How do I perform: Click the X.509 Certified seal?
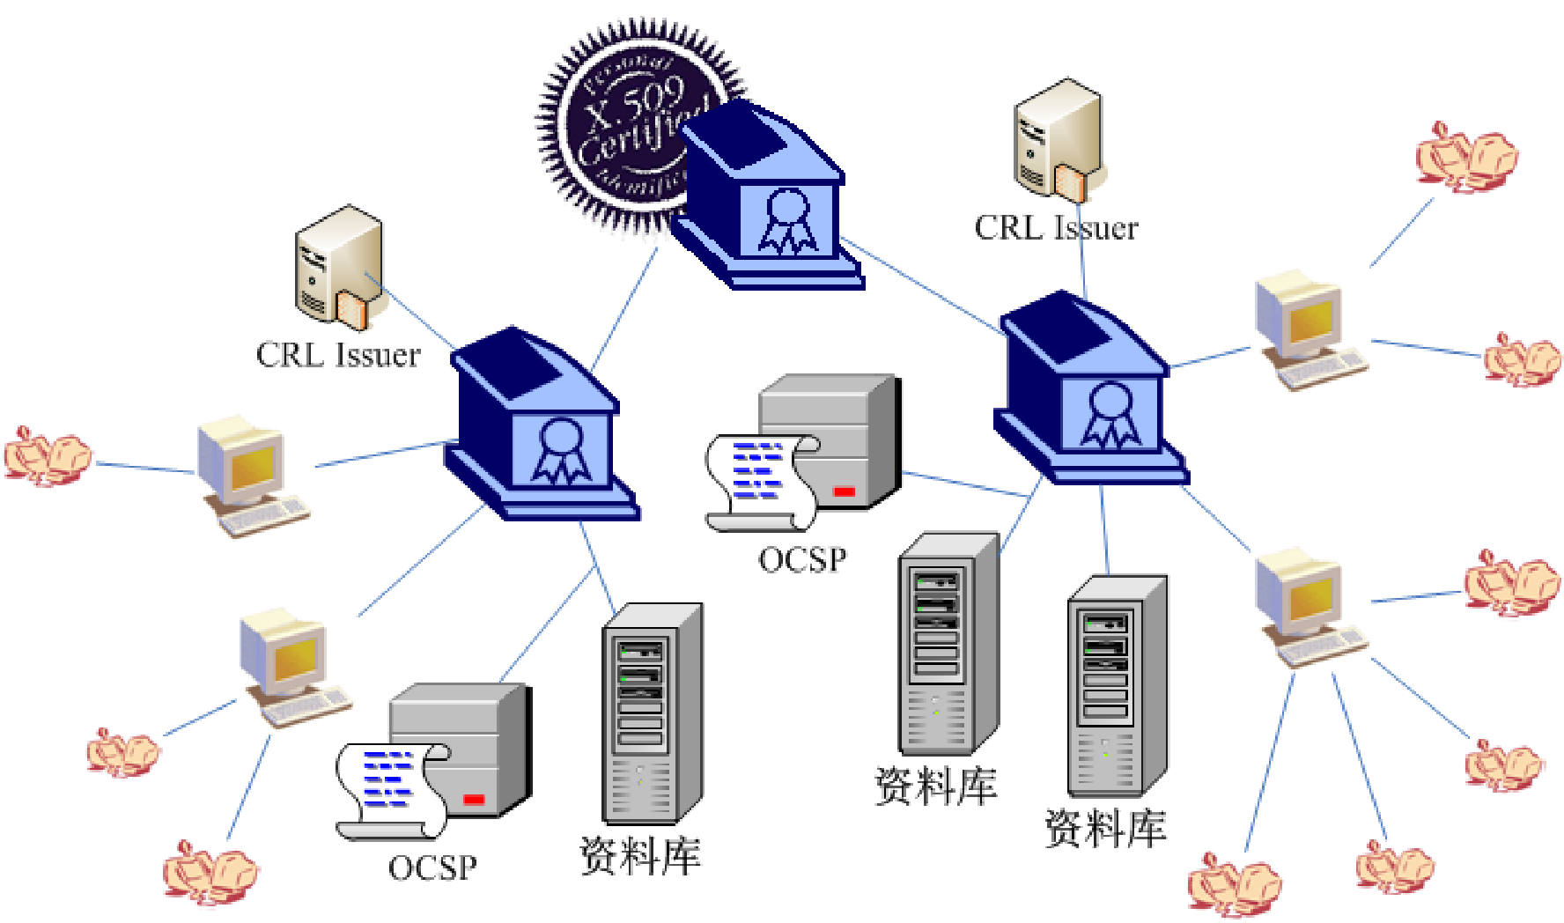616,123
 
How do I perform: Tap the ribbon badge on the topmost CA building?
786,220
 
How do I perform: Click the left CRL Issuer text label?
338,355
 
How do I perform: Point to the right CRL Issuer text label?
1056,228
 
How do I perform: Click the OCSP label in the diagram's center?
802,560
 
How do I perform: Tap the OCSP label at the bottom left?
432,868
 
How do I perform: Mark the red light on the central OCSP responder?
844,491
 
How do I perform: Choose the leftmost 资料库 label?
640,856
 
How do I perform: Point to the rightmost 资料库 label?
1106,829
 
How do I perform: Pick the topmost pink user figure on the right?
1465,158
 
